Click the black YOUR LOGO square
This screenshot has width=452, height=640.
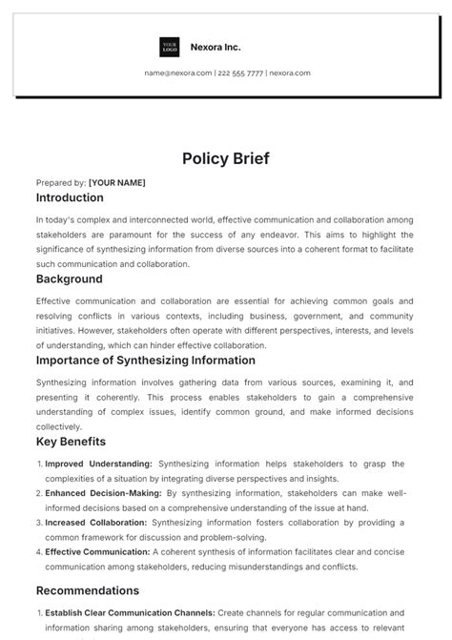(x=170, y=47)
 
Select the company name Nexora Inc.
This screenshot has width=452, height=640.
(x=215, y=47)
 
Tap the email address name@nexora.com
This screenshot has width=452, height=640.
(x=178, y=72)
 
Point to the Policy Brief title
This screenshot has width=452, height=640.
(x=226, y=158)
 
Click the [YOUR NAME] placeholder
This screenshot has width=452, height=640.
(x=117, y=182)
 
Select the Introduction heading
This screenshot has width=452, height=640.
(x=70, y=198)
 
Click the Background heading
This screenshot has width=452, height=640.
(x=69, y=279)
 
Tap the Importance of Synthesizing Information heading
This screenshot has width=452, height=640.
(x=146, y=361)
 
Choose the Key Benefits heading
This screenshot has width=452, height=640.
(x=71, y=442)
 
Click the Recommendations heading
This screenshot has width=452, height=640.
(x=88, y=590)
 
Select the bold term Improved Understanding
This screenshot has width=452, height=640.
(x=99, y=464)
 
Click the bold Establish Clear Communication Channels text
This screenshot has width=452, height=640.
(x=130, y=612)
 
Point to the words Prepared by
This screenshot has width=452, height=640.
(x=60, y=182)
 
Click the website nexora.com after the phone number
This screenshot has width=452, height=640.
(x=289, y=72)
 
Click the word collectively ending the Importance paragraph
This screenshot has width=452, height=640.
(x=59, y=426)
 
